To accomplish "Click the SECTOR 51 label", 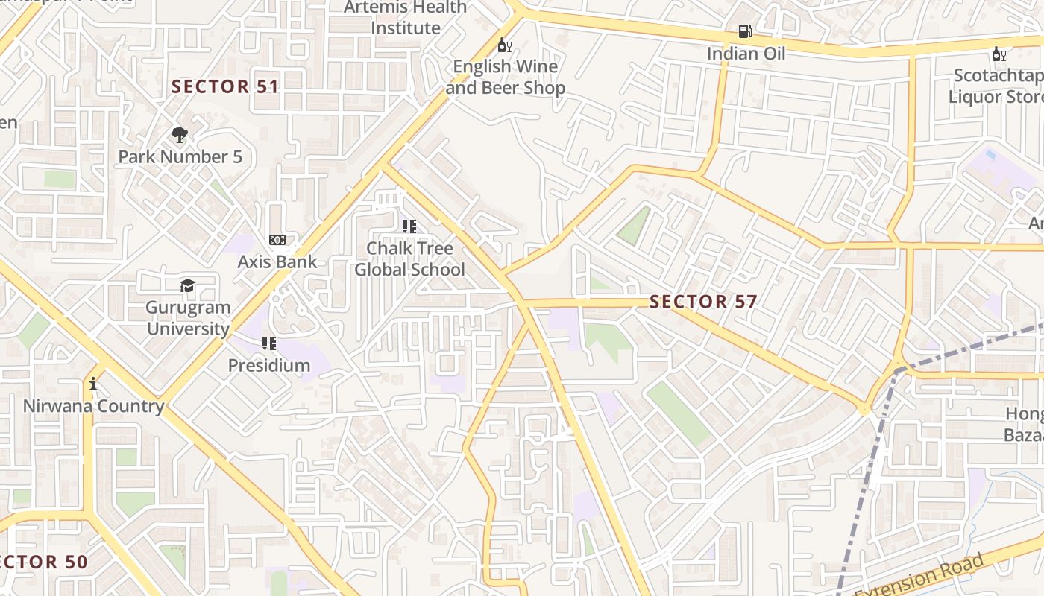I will point(225,86).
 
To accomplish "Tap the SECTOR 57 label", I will point(703,302).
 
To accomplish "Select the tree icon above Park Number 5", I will point(179,135).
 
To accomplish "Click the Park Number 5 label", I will point(180,157).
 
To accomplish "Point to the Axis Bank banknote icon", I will point(277,240).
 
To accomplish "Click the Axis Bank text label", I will point(277,262).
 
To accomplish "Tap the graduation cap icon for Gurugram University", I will point(187,285).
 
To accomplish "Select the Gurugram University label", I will point(188,318).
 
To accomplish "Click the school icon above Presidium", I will point(268,343).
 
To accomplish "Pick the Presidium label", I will point(269,365).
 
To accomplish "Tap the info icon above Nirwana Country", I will point(93,384).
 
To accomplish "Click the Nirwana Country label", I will point(93,406).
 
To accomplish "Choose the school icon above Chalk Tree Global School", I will point(409,226).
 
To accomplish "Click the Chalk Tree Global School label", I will point(409,259).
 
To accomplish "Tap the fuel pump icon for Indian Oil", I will point(745,31).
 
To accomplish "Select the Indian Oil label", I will point(746,54).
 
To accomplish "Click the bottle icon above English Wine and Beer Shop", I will point(505,45).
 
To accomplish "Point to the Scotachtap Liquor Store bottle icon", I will point(999,54).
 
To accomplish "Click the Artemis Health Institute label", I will point(406,18).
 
